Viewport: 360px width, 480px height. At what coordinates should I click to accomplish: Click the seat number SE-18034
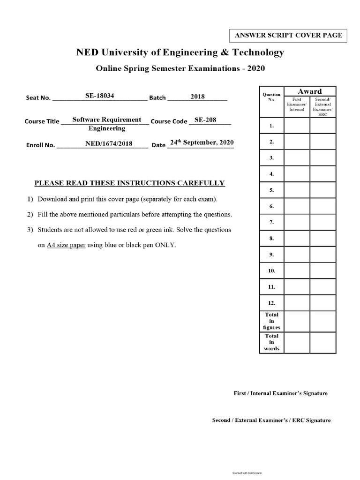(x=100, y=96)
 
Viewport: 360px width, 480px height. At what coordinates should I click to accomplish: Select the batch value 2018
(x=197, y=97)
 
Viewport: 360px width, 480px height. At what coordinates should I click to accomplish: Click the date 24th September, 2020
(x=202, y=142)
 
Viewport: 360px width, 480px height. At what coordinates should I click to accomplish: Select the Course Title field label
(x=42, y=121)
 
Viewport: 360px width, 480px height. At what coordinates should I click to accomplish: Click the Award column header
(x=310, y=91)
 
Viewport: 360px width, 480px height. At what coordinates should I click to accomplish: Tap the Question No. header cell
(x=271, y=97)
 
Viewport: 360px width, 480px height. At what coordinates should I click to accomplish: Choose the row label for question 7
(x=272, y=222)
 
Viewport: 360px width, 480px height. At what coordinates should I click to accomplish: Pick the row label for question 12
(x=272, y=303)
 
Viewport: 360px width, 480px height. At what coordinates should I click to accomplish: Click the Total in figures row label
(x=272, y=321)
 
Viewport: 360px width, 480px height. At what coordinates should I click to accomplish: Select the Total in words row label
(x=272, y=342)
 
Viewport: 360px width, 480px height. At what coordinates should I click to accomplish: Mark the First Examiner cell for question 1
(x=297, y=125)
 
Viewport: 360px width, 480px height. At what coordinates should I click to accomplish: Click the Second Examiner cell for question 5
(x=322, y=190)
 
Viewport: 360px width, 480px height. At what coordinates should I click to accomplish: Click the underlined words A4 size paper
(x=66, y=245)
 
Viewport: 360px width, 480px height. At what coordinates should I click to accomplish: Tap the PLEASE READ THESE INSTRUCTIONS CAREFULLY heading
(x=130, y=183)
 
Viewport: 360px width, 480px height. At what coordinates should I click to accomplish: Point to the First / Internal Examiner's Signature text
(x=280, y=393)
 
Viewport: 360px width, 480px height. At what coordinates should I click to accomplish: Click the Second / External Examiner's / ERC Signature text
(x=271, y=420)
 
